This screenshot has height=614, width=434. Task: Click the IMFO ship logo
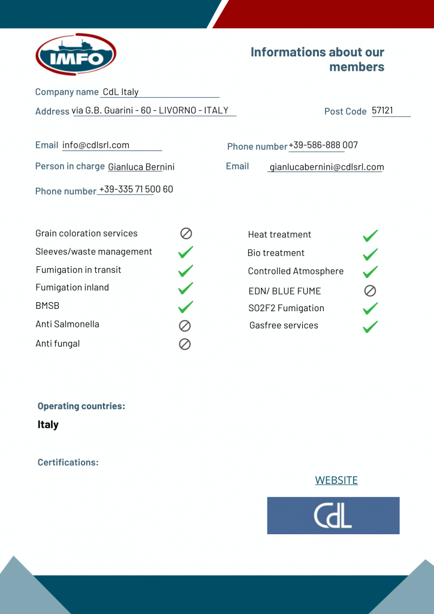[x=76, y=55]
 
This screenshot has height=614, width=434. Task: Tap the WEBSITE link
[x=336, y=480]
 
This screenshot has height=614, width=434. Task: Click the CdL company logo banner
[x=333, y=516]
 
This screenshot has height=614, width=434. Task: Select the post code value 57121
[x=382, y=111]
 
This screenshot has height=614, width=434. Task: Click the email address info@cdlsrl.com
[x=96, y=145]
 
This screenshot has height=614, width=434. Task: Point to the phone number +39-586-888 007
[x=323, y=145]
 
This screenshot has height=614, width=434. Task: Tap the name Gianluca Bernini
[x=141, y=167]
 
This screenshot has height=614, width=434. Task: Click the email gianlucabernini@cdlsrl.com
[x=327, y=167]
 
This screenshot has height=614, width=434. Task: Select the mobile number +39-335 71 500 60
[x=136, y=189]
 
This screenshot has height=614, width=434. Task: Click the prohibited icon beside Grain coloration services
[x=186, y=233]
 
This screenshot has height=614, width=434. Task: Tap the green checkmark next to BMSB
[x=186, y=307]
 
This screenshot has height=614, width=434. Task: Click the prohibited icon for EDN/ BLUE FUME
[x=370, y=291]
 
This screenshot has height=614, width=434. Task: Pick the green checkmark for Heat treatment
[x=370, y=236]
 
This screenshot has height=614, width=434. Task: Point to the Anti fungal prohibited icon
[x=185, y=344]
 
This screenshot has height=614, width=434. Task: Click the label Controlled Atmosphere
[x=296, y=272]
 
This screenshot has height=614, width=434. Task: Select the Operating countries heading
[x=82, y=407]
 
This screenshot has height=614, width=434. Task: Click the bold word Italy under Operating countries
[x=48, y=425]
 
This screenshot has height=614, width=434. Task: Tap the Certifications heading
[x=68, y=463]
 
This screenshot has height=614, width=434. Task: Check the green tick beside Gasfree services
[x=370, y=327]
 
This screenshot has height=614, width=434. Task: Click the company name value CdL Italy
[x=120, y=92]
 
